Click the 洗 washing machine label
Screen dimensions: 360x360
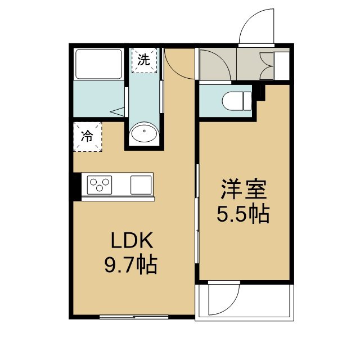click(x=144, y=60)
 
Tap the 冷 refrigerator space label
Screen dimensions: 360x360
click(x=87, y=136)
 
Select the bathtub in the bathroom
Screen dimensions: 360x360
click(x=98, y=64)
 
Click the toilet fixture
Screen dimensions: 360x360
click(x=237, y=101)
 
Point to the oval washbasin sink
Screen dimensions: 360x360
click(x=144, y=132)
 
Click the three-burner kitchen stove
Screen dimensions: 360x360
click(x=100, y=185)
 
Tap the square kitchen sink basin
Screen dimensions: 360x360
click(x=141, y=185)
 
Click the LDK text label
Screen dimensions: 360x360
click(x=132, y=240)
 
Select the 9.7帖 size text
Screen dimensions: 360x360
click(x=131, y=265)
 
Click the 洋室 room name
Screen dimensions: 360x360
click(x=244, y=190)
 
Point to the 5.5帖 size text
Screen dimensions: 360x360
click(x=244, y=214)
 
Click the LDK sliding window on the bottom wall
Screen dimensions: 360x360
click(x=134, y=317)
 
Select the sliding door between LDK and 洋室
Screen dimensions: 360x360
click(x=197, y=214)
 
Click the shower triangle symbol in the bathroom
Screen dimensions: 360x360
click(x=117, y=112)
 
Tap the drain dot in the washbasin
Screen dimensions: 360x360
click(x=144, y=131)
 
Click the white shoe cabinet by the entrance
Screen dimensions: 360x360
click(x=281, y=66)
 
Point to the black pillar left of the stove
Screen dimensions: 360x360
click(x=78, y=187)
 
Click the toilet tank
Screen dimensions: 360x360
click(x=247, y=101)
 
